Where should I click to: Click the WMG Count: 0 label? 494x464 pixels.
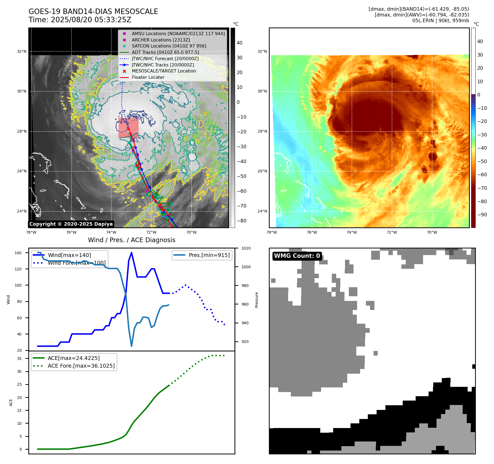(x=297, y=256)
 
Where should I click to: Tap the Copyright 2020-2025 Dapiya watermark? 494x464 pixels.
(x=71, y=224)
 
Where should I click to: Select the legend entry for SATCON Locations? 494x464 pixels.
(x=169, y=46)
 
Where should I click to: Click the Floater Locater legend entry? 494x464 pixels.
(x=148, y=77)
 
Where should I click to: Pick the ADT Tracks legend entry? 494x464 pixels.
(x=165, y=52)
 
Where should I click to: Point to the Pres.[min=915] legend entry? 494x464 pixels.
(x=209, y=255)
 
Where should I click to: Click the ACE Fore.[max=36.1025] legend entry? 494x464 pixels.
(x=81, y=366)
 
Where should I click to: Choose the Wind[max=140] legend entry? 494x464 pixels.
(x=69, y=255)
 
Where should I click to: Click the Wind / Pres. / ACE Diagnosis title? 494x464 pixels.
(x=131, y=240)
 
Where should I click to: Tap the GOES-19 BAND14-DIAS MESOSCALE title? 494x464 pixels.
(x=93, y=12)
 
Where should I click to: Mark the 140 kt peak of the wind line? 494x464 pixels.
(x=131, y=253)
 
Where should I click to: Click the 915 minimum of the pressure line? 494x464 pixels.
(x=131, y=346)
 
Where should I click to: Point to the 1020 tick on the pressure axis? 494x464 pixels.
(x=246, y=248)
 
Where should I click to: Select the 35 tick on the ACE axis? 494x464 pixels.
(x=19, y=359)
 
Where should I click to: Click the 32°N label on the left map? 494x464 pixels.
(x=22, y=51)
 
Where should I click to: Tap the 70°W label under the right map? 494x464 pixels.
(x=432, y=232)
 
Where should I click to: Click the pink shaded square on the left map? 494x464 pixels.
(x=128, y=128)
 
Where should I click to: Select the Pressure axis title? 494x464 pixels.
(x=256, y=300)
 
